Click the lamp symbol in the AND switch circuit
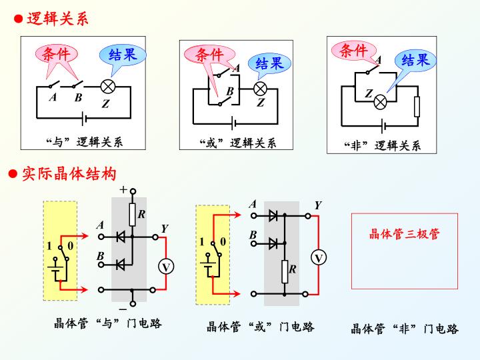tap(108, 87)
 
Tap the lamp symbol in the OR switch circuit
tap(260, 89)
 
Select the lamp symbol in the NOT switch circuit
tap(380, 102)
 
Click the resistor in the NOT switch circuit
tap(417, 107)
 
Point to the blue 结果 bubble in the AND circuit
tap(123, 56)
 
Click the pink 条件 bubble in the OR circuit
tap(210, 55)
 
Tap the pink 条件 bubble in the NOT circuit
tap(354, 51)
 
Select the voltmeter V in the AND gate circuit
tap(166, 267)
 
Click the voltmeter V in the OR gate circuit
tap(319, 258)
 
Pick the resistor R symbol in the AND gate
tap(132, 215)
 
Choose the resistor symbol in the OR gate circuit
tap(285, 272)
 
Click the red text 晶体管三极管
tap(404, 234)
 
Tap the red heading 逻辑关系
tap(57, 19)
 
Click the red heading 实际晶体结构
tap(69, 174)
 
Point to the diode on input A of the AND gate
tap(121, 237)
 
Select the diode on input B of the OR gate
tap(273, 243)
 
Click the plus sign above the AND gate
tap(123, 189)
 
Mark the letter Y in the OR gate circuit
tap(318, 205)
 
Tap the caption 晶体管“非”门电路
tap(405, 329)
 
